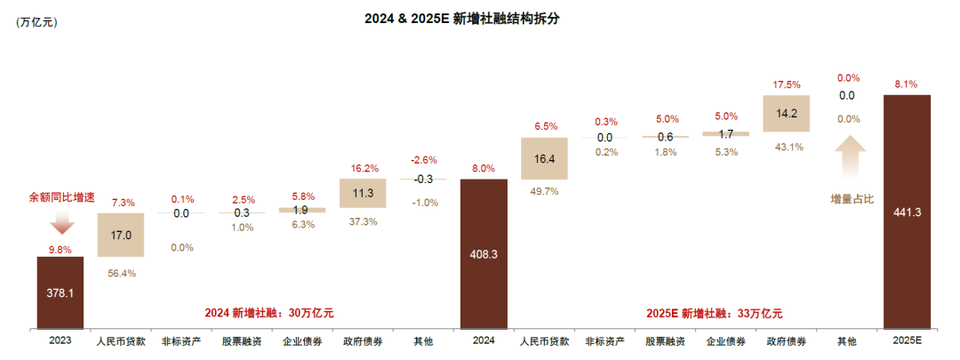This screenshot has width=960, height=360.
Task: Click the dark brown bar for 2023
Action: (60, 292)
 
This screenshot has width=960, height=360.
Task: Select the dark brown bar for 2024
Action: (484, 253)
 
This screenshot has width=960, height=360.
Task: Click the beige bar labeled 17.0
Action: (121, 236)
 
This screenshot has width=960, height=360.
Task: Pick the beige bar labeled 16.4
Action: (544, 159)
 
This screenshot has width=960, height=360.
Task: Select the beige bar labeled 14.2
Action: (787, 113)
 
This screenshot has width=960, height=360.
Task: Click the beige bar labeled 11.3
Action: (363, 193)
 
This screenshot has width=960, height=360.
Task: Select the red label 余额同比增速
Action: (60, 196)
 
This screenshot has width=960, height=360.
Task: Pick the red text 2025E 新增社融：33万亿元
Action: (714, 313)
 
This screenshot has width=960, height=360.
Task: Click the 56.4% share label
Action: (121, 273)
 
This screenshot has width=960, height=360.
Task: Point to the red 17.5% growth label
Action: (787, 85)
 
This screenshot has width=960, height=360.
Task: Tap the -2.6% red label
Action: (423, 160)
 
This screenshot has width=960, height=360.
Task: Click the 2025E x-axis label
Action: (907, 341)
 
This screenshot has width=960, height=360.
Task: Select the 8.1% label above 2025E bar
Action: (907, 84)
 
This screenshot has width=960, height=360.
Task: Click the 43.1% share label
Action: (787, 147)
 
